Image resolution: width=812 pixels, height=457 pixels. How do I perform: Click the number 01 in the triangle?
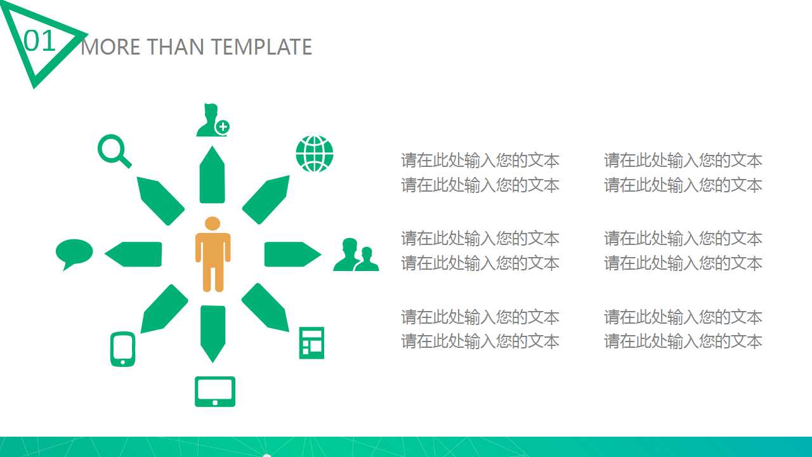tap(40, 41)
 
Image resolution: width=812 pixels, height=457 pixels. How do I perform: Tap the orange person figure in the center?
tap(213, 254)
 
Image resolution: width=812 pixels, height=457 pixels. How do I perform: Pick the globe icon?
tap(314, 154)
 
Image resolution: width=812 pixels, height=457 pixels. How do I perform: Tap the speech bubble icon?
tap(74, 253)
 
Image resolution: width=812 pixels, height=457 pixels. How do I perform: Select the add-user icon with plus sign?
tap(212, 120)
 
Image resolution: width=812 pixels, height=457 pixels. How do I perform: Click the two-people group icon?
tap(355, 255)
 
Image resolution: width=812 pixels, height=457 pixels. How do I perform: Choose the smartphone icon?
tap(122, 348)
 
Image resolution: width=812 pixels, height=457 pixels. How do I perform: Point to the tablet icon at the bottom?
tap(214, 391)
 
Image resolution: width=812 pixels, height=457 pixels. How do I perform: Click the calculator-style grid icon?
tap(311, 343)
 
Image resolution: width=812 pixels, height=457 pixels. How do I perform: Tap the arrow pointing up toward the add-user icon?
tap(212, 176)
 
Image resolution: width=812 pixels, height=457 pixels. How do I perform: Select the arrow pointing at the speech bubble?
tap(134, 254)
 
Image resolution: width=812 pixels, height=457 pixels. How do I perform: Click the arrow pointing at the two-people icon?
tap(291, 254)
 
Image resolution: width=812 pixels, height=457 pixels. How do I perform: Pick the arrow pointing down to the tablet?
tap(213, 332)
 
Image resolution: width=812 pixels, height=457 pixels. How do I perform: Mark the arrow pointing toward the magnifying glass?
tap(159, 200)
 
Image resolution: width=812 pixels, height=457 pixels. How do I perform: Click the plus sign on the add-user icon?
tap(222, 127)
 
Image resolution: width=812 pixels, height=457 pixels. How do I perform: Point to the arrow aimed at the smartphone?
tap(163, 309)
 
